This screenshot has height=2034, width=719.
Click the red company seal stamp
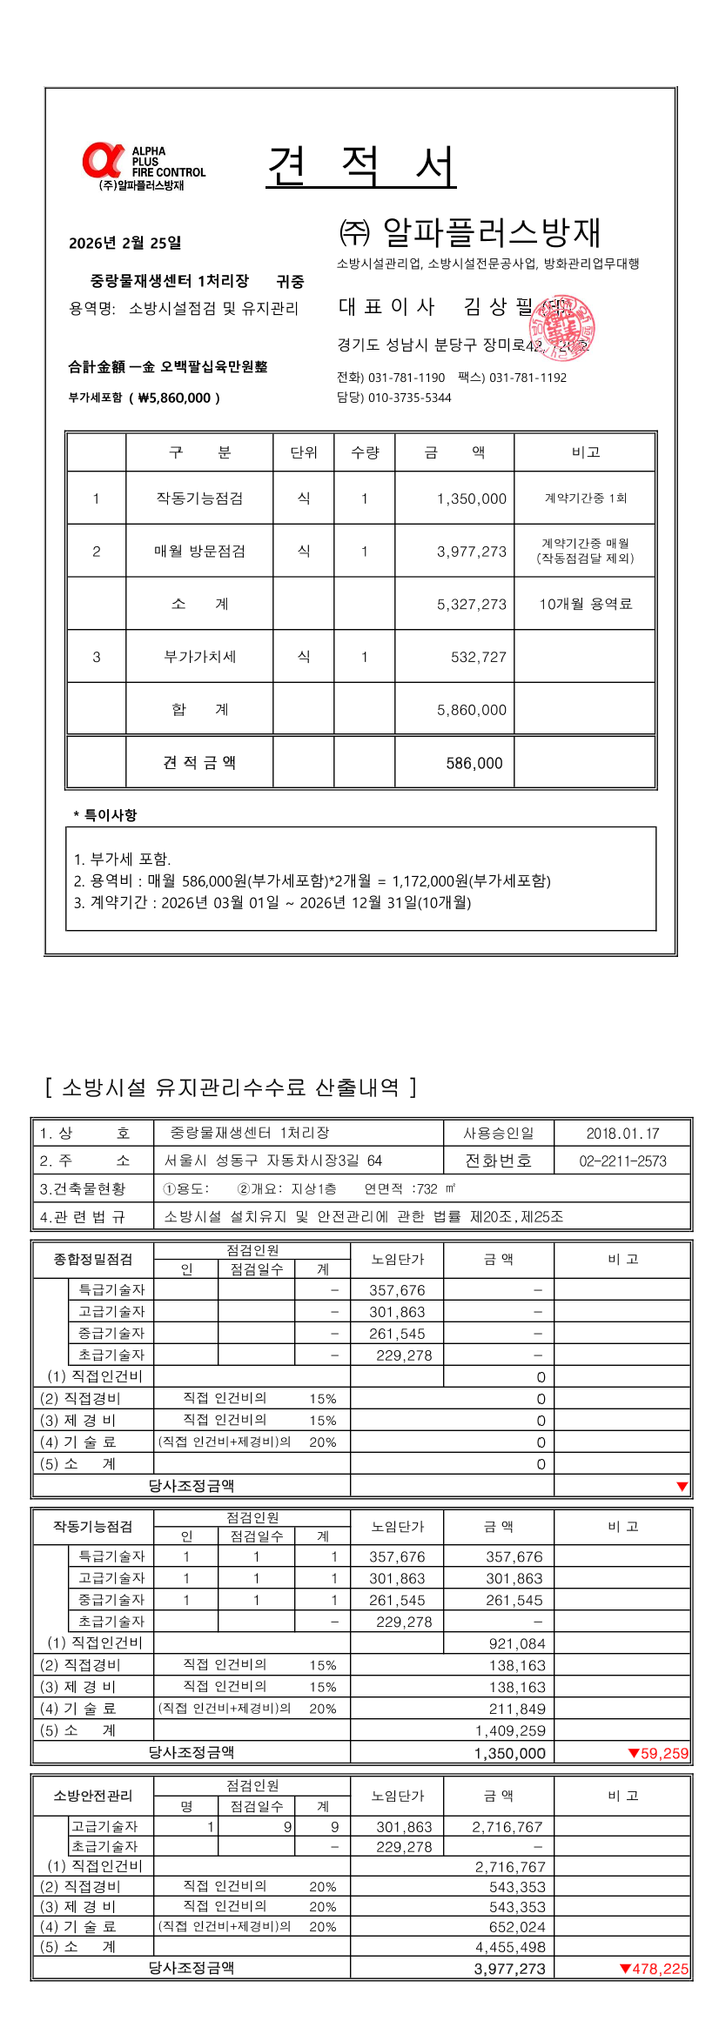562,327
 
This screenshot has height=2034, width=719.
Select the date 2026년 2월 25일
125,243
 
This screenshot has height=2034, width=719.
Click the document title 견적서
361,167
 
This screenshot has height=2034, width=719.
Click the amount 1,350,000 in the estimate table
471,498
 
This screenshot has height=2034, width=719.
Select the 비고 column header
585,452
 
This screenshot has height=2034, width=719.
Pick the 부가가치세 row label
199,657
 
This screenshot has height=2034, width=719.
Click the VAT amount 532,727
478,658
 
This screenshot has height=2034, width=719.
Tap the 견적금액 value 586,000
474,764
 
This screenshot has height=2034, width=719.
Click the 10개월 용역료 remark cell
585,604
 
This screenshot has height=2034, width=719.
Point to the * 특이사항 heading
105,815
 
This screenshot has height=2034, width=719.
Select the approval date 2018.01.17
622,1134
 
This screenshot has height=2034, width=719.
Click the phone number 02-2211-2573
622,1161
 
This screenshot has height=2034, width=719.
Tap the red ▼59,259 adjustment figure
658,1753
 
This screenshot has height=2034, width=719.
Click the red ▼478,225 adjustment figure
654,1969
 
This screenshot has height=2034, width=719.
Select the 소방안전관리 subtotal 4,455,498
510,1947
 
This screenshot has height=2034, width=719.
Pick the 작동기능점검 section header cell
93,1526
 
